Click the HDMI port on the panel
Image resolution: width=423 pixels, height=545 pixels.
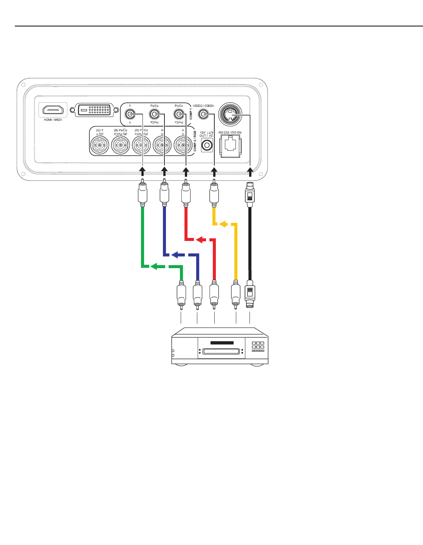pos(53,110)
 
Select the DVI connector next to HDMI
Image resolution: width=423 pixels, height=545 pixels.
pos(95,110)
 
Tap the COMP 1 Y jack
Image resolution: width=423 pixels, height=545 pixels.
pos(130,114)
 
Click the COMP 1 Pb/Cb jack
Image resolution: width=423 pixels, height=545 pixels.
pos(154,114)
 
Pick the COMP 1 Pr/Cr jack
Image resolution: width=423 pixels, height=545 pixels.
pos(178,114)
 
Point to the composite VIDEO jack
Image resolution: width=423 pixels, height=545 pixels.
pos(203,114)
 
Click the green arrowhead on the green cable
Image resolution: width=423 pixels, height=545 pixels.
pos(154,267)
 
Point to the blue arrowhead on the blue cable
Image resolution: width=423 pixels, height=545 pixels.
pos(175,255)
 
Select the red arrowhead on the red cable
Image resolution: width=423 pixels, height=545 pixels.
pos(200,239)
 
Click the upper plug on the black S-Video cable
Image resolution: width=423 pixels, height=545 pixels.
pos(249,195)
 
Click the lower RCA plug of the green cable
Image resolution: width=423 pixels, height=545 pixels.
pos(181,295)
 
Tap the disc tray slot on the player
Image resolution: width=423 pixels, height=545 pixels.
pos(222,351)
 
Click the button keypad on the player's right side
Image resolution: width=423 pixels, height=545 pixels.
pos(258,347)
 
